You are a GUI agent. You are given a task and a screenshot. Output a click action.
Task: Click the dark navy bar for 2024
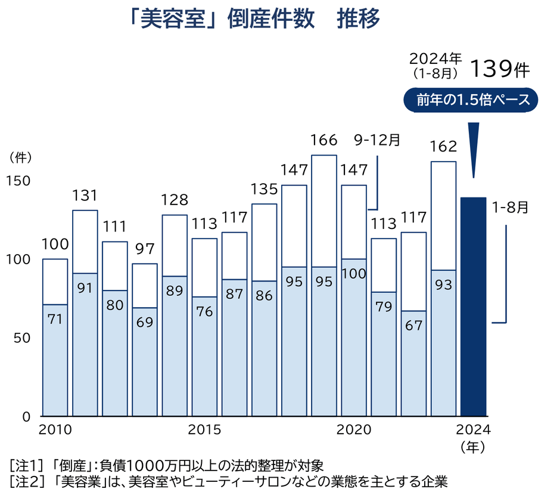click(x=474, y=307)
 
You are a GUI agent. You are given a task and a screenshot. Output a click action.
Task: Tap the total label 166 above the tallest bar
click(x=324, y=141)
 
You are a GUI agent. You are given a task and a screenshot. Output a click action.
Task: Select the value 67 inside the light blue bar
click(x=413, y=327)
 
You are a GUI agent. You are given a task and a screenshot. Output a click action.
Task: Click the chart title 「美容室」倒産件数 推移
click(x=254, y=20)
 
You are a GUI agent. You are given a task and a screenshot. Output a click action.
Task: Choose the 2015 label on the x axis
click(x=204, y=429)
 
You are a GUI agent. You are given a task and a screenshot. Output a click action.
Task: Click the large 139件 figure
click(x=499, y=69)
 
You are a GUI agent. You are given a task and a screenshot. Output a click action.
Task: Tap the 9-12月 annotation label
click(x=377, y=140)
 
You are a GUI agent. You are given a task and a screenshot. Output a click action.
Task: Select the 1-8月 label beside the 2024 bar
click(x=510, y=208)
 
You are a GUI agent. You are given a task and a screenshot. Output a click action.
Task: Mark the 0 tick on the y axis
click(x=26, y=416)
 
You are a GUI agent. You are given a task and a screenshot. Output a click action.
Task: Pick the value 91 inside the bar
click(x=85, y=288)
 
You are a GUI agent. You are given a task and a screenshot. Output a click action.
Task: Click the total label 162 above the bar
click(x=443, y=146)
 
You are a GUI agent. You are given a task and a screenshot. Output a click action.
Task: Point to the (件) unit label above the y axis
click(x=20, y=157)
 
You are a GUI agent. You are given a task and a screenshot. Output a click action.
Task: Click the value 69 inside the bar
click(x=145, y=322)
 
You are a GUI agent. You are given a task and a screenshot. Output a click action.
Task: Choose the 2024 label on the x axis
click(x=472, y=429)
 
